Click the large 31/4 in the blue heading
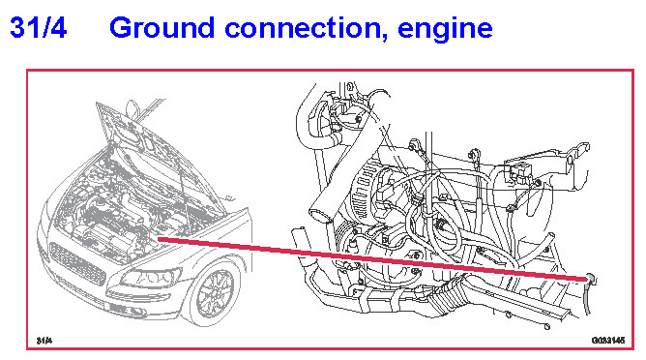click(38, 27)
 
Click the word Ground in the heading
click(161, 27)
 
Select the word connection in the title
click(303, 28)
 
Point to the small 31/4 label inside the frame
click(44, 341)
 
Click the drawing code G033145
click(608, 341)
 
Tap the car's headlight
click(150, 277)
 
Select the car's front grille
click(77, 262)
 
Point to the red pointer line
click(373, 259)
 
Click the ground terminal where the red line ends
click(590, 279)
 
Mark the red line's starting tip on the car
click(159, 239)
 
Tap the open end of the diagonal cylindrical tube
click(320, 214)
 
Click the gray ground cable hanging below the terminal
click(588, 299)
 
